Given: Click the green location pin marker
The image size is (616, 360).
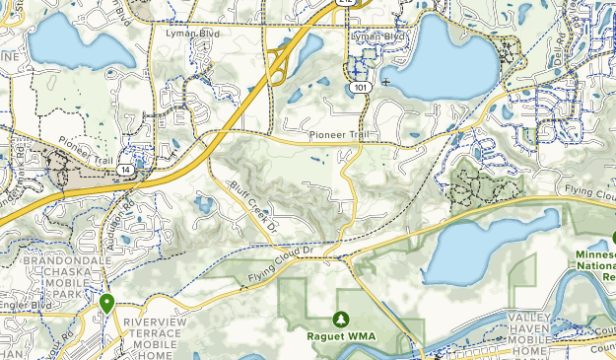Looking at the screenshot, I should click(106, 304).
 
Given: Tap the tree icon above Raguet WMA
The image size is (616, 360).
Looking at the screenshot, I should click(341, 318).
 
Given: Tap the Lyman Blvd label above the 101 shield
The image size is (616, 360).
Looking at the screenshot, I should click(380, 36).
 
